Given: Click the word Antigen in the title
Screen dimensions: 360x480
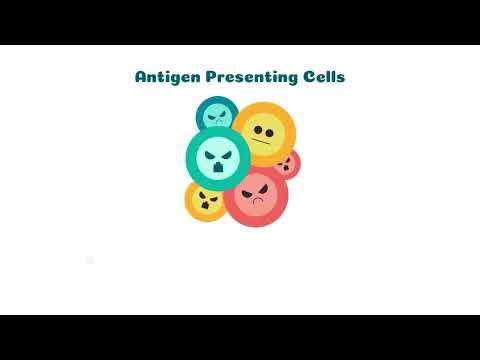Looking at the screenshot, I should point(166,77).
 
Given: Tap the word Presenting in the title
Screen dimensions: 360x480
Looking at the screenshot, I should point(250,77).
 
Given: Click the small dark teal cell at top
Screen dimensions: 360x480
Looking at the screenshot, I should point(215,115).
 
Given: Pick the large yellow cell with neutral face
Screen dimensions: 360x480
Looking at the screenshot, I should point(266,132).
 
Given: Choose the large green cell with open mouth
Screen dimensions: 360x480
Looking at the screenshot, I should point(218,158).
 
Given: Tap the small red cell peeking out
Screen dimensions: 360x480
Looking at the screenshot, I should point(287,163).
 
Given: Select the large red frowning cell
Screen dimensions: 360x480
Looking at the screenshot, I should point(256,194).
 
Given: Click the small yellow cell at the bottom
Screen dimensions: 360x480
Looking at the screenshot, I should point(206,199).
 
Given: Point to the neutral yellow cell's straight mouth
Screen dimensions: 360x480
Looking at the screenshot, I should point(264,143).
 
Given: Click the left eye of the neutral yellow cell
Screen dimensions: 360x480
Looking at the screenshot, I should point(257,130).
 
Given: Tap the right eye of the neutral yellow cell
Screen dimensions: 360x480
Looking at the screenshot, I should point(271,131).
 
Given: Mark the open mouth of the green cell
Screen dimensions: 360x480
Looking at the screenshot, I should point(218,170).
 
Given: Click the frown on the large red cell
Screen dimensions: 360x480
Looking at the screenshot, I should point(257,203).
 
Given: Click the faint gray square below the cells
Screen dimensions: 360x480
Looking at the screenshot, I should point(90,261).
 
